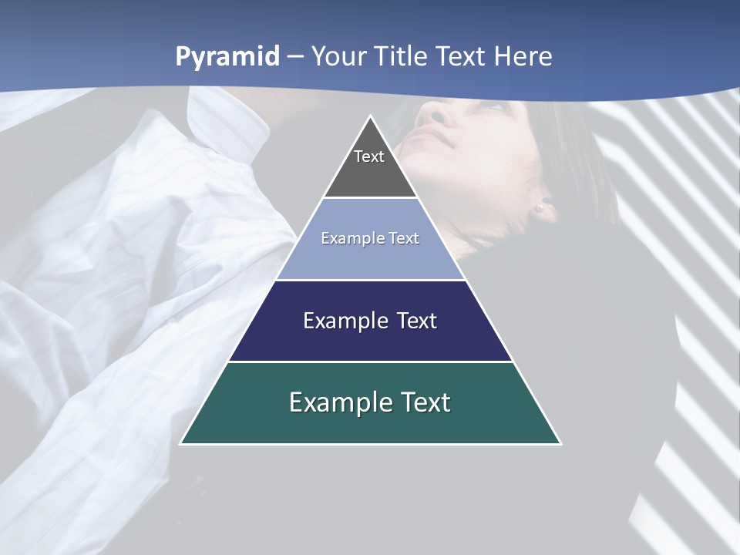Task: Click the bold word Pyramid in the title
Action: pyautogui.click(x=227, y=57)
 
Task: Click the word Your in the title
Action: pyautogui.click(x=339, y=56)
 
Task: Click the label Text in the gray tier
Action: pyautogui.click(x=369, y=156)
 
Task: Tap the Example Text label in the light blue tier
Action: pyautogui.click(x=370, y=238)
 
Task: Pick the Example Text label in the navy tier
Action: pyautogui.click(x=370, y=321)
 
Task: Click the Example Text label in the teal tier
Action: pyautogui.click(x=370, y=402)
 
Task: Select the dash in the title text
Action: pyautogui.click(x=295, y=57)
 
